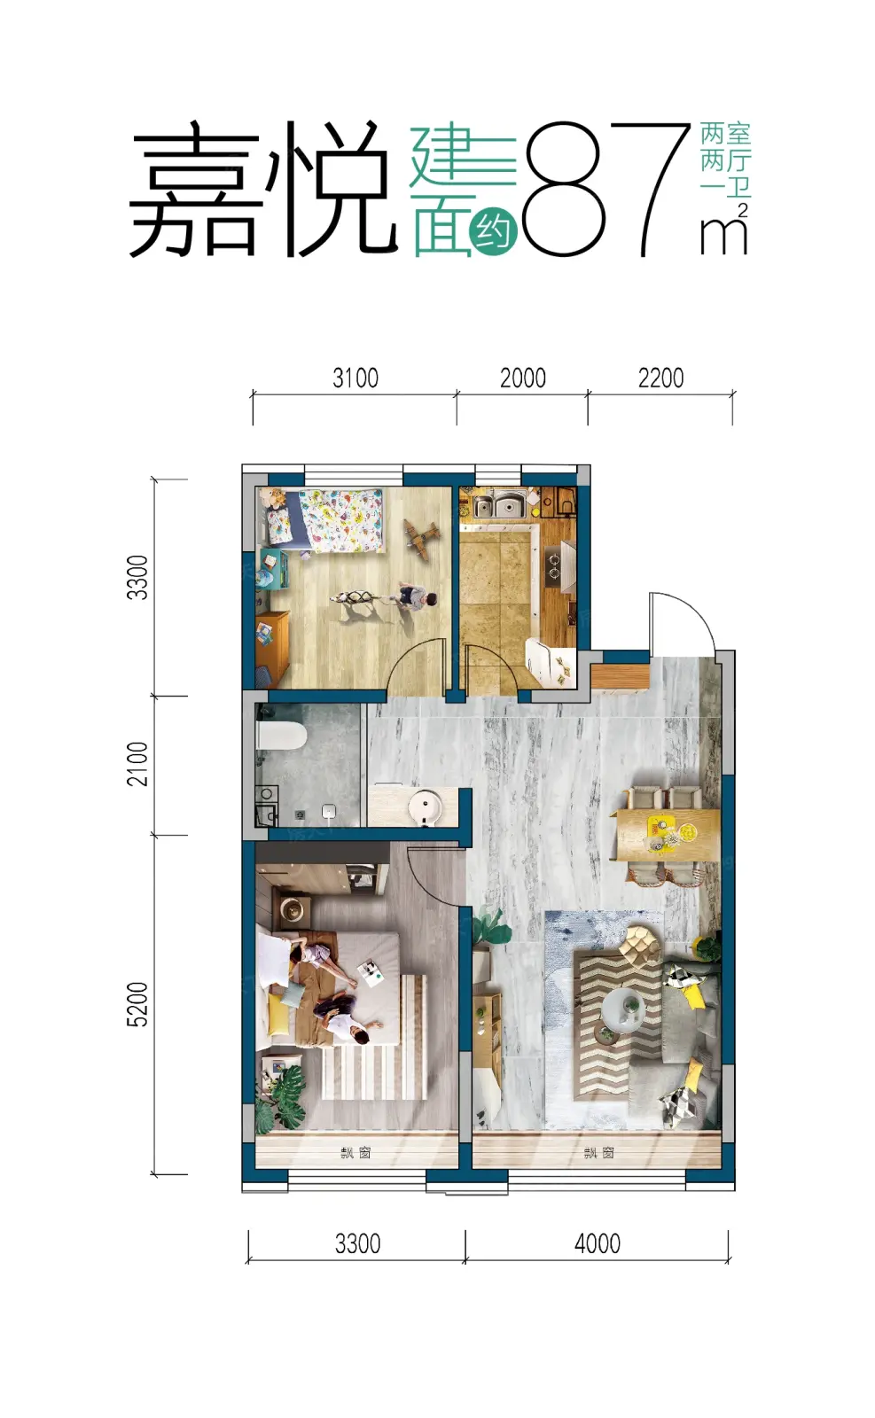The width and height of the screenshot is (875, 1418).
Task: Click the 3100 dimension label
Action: [355, 378]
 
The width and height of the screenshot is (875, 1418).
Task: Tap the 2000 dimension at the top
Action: [522, 378]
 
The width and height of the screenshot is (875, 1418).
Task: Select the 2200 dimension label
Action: [660, 378]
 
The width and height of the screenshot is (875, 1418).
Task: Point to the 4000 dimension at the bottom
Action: [597, 1244]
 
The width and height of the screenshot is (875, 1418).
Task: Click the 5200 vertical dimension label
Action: [137, 1004]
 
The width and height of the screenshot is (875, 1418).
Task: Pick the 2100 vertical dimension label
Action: [137, 764]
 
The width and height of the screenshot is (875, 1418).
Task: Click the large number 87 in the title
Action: [605, 189]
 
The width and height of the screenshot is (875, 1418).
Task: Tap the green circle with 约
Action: [493, 232]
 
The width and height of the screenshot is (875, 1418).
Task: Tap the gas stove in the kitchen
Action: [555, 566]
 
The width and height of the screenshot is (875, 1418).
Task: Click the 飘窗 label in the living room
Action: [599, 1152]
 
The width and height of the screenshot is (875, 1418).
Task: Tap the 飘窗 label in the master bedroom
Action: [355, 1152]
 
